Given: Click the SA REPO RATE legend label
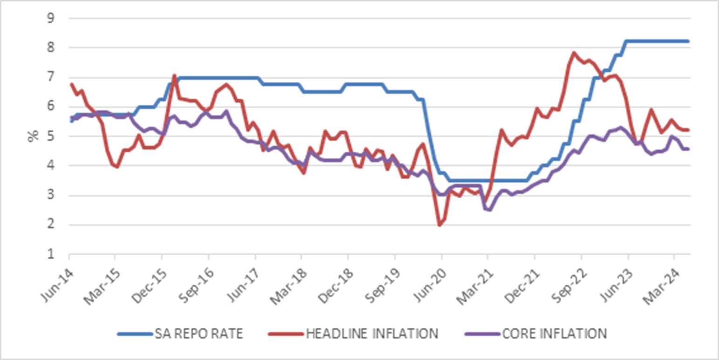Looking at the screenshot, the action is (x=199, y=333).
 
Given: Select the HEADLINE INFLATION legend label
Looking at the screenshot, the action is (x=372, y=333).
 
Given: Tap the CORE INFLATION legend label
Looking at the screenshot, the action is (x=554, y=333).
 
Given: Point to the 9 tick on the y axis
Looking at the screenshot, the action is (x=51, y=18).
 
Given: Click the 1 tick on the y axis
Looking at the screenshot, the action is (x=51, y=254).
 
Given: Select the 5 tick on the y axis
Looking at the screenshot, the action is (x=51, y=136).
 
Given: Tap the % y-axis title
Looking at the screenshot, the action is (x=33, y=136).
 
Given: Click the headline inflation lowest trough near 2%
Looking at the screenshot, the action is (x=440, y=225).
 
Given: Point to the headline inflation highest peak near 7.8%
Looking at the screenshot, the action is (x=574, y=52).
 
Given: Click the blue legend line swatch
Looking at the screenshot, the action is (x=135, y=334).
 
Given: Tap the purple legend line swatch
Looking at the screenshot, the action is (x=482, y=334).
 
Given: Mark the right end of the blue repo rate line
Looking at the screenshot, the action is (x=688, y=41).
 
